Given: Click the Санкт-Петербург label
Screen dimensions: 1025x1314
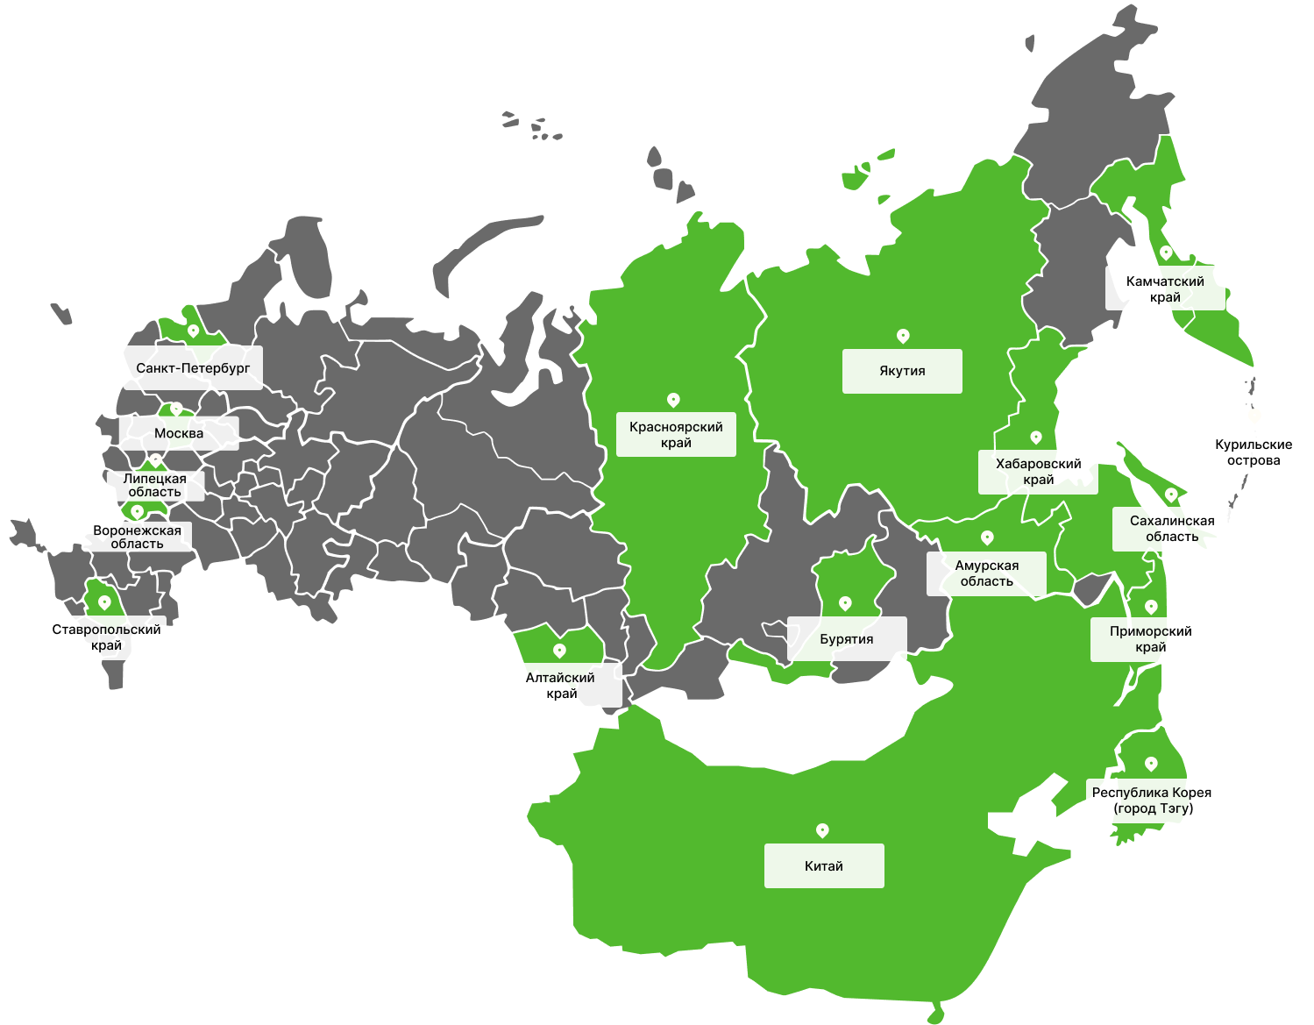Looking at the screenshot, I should coord(193,368).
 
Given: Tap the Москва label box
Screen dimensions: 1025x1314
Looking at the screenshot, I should coord(179,433).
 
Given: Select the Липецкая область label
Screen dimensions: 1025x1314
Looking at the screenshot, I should coord(155,486).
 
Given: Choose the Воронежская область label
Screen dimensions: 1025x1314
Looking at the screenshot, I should coord(137,537).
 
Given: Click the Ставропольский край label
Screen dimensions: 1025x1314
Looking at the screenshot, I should coord(106,637).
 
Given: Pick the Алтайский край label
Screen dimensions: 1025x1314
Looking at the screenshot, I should coord(561,685).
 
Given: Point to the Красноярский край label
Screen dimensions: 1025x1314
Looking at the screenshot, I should coord(676,435).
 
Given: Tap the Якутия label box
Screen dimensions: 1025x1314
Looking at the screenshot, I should coord(902,371).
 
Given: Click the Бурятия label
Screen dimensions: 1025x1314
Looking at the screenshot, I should coord(847,639).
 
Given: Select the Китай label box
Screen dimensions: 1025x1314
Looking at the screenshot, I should coord(824,866).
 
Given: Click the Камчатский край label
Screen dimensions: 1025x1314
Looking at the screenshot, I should coord(1165,288).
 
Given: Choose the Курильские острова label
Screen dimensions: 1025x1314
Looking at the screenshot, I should coord(1254,452).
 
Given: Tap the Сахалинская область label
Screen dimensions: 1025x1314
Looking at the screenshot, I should coord(1172,529).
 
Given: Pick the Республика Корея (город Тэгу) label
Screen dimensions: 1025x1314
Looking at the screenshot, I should coord(1153,801).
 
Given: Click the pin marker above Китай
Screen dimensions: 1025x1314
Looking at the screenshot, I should coord(822,829).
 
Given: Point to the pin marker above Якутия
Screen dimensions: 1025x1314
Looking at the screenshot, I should coord(903,336).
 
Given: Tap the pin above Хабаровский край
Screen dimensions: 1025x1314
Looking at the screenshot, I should coord(1036,437).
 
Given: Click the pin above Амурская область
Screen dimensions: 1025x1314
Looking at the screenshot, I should coord(987,537).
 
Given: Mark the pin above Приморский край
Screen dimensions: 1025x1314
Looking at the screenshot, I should coord(1151,607).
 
